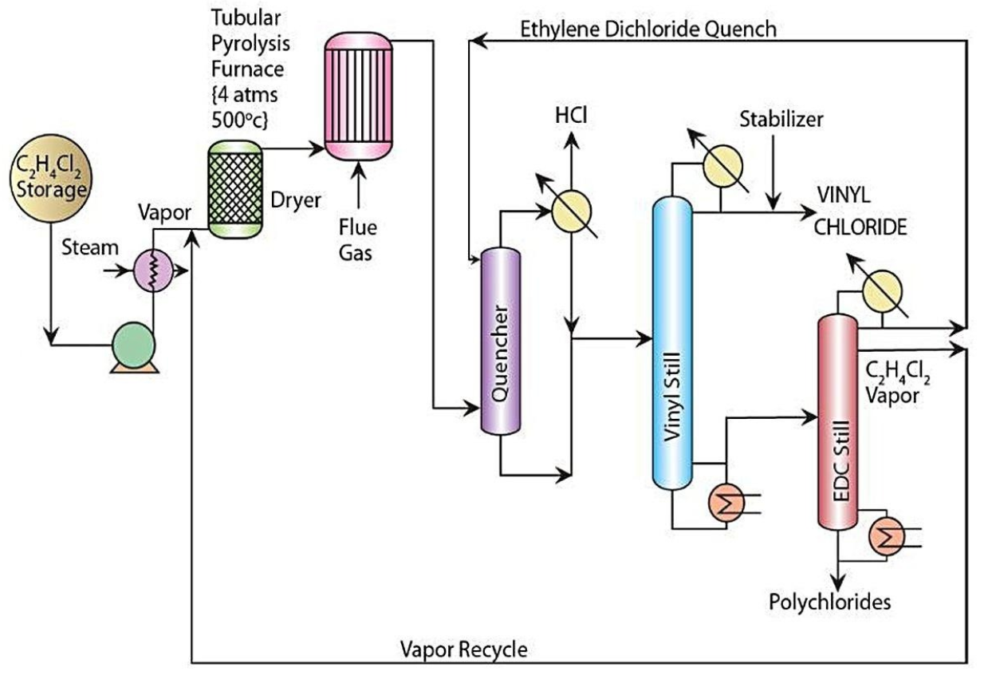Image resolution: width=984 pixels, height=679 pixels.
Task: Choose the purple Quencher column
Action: [x=500, y=342]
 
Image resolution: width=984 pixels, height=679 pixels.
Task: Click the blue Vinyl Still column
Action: [x=672, y=343]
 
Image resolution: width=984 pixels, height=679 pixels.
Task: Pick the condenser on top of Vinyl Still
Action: [x=722, y=167]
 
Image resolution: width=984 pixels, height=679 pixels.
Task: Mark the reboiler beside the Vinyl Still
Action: [x=727, y=502]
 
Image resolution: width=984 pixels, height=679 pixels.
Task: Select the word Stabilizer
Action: [x=781, y=120]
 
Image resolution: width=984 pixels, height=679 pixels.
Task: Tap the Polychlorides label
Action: [x=829, y=601]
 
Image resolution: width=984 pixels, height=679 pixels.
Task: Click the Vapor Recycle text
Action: [x=463, y=649]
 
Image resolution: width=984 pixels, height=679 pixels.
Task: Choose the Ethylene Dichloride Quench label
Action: [x=647, y=30]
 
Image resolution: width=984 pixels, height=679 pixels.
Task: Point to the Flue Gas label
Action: [x=356, y=239]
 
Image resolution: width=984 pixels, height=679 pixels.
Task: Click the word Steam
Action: [x=89, y=247]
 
